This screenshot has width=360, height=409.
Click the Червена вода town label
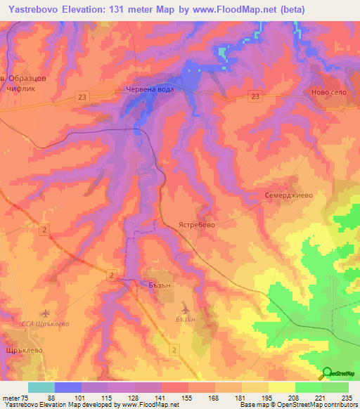(148, 89)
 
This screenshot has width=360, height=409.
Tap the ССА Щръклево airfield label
(44, 325)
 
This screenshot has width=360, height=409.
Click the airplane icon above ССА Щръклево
(46, 312)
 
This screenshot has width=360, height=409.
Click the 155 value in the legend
(188, 398)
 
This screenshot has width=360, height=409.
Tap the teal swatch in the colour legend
(41, 387)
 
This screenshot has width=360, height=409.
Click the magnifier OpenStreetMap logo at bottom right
(327, 373)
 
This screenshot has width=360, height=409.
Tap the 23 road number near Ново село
(255, 96)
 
